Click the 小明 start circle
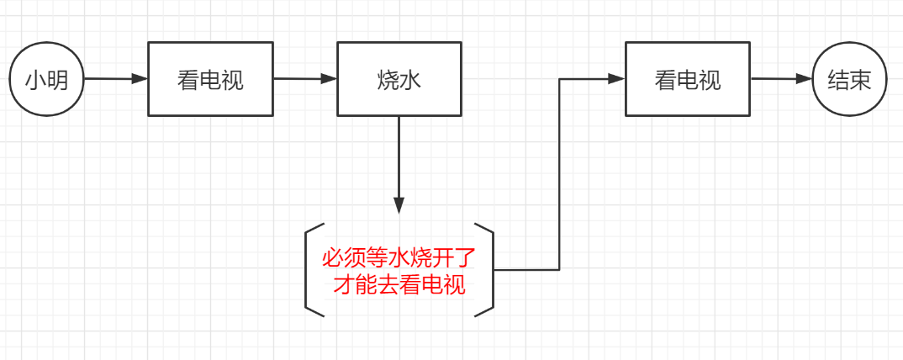pos(46,80)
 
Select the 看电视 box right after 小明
pos(210,79)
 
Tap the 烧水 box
pos(399,79)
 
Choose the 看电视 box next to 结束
pos(688,79)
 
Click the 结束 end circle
pos(850,80)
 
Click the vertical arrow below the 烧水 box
pos(399,160)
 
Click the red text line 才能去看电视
pos(399,284)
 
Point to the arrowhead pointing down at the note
pos(399,205)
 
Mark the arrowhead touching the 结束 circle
pos(805,80)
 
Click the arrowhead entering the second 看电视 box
pos(616,79)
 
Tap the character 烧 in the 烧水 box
pos(388,80)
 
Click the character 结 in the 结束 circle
pos(838,81)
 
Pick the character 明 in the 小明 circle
pos(57,81)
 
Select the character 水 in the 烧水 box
pos(410,80)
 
